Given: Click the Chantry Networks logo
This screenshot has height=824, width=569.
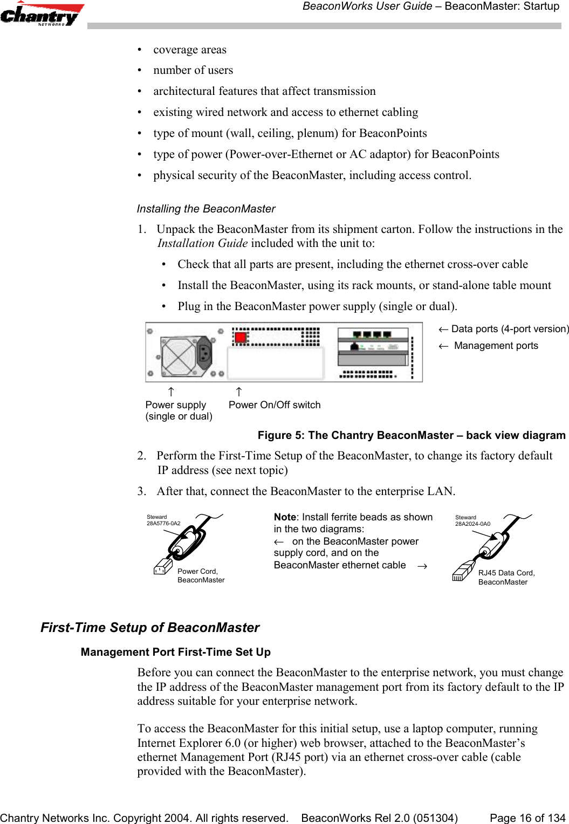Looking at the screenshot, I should click(42, 15).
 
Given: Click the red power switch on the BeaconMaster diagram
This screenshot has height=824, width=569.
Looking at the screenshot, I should click(241, 338).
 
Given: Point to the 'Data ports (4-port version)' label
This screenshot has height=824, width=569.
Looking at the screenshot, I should click(510, 329).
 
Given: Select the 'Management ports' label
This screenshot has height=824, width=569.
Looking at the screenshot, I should click(496, 346).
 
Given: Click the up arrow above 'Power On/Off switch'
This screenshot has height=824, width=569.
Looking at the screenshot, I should click(239, 392).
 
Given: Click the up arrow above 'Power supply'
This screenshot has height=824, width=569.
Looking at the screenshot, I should click(170, 392).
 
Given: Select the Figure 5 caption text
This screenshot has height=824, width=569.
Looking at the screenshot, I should click(411, 435).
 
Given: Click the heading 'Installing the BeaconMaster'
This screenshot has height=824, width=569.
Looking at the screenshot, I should click(206, 209).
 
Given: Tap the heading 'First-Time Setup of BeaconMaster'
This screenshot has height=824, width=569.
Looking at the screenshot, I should click(150, 628).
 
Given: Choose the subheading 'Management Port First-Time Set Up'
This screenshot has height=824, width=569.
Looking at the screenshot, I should click(175, 652).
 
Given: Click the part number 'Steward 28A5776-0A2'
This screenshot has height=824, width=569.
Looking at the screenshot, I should click(163, 520).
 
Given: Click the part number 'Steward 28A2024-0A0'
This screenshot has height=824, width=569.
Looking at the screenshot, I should click(472, 520).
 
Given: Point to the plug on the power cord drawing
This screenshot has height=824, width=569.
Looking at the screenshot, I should click(162, 567).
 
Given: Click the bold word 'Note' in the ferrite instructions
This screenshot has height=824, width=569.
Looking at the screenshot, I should click(285, 517).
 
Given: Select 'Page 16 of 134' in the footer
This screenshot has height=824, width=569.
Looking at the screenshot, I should click(527, 818).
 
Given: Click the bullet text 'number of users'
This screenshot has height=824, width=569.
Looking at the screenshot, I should click(193, 70).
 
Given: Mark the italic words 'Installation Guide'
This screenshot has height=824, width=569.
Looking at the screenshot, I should click(202, 243).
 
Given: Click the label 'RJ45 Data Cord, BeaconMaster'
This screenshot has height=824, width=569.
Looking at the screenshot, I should click(506, 577).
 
